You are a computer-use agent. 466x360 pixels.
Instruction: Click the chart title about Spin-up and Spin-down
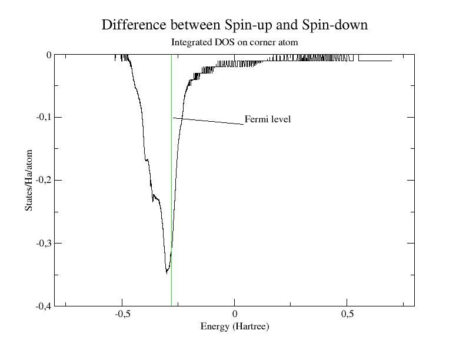[234, 25]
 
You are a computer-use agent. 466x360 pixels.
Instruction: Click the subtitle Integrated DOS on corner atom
[234, 42]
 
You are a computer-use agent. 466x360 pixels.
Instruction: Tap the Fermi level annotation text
[268, 119]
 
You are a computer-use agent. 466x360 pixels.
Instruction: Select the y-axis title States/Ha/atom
[29, 181]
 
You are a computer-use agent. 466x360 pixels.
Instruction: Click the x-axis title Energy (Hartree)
[234, 326]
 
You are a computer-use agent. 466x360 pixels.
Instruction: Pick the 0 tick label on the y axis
[49, 55]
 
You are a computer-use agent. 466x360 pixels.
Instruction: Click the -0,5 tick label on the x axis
[122, 315]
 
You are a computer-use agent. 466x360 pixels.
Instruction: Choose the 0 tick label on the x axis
[234, 315]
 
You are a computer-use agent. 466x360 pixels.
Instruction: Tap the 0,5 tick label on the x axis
[347, 315]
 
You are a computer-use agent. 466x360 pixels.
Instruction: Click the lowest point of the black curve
[167, 272]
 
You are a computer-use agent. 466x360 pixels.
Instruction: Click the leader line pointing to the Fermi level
[209, 121]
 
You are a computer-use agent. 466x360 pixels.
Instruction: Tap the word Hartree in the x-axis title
[252, 326]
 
